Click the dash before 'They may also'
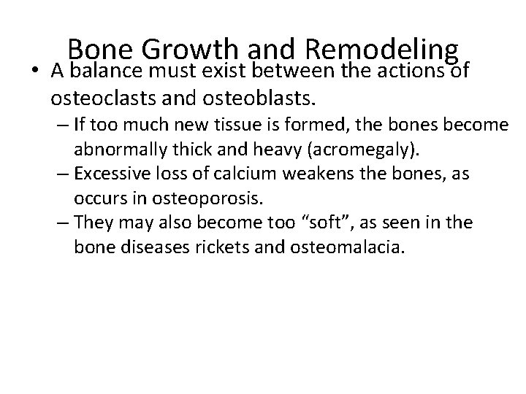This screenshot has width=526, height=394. pyautogui.click(x=62, y=223)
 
